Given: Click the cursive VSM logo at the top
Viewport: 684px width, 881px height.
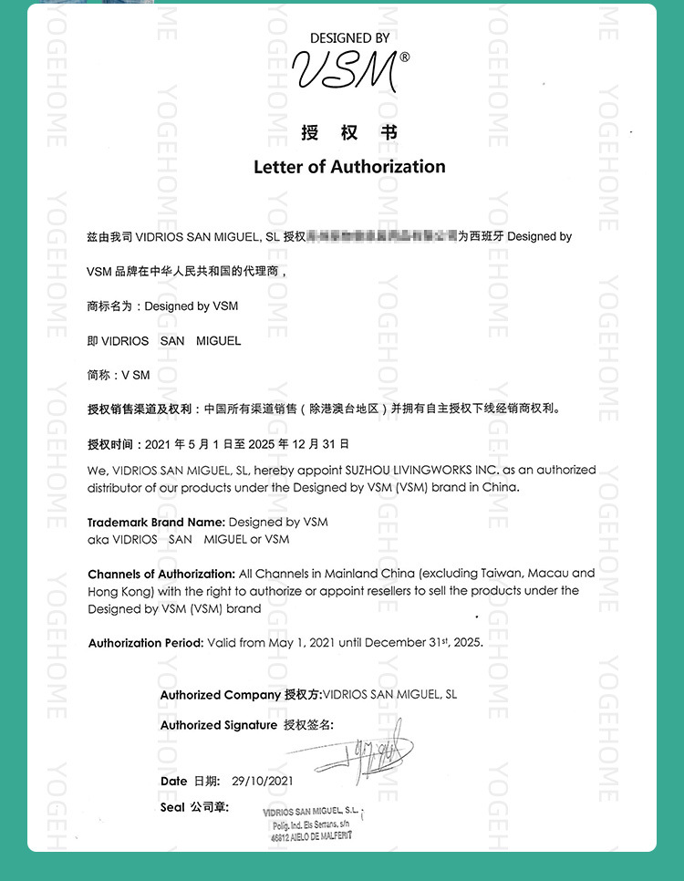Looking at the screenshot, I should click(x=344, y=70).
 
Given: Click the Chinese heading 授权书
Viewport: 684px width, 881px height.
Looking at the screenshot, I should click(x=349, y=133).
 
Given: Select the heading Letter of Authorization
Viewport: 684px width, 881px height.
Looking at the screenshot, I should click(x=349, y=167).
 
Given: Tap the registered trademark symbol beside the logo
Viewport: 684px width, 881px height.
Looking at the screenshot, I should click(x=405, y=57).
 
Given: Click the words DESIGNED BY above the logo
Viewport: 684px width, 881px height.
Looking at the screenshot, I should click(x=349, y=38).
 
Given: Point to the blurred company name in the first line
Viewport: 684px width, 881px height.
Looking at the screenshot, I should click(x=382, y=236).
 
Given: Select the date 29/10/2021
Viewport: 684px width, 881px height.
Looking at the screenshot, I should click(x=263, y=782).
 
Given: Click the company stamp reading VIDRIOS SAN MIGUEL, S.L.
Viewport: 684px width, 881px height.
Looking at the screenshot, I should click(x=312, y=823).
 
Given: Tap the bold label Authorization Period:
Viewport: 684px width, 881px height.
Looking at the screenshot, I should click(x=146, y=643).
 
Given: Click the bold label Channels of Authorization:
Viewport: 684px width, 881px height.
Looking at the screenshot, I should click(x=161, y=574).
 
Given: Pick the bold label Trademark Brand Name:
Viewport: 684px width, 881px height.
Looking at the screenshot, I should click(x=156, y=523).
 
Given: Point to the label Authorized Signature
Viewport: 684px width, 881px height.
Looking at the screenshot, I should click(x=219, y=725).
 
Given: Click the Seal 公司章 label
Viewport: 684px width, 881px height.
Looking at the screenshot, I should click(x=194, y=808).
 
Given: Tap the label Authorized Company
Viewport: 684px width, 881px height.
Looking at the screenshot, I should click(x=220, y=695).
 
